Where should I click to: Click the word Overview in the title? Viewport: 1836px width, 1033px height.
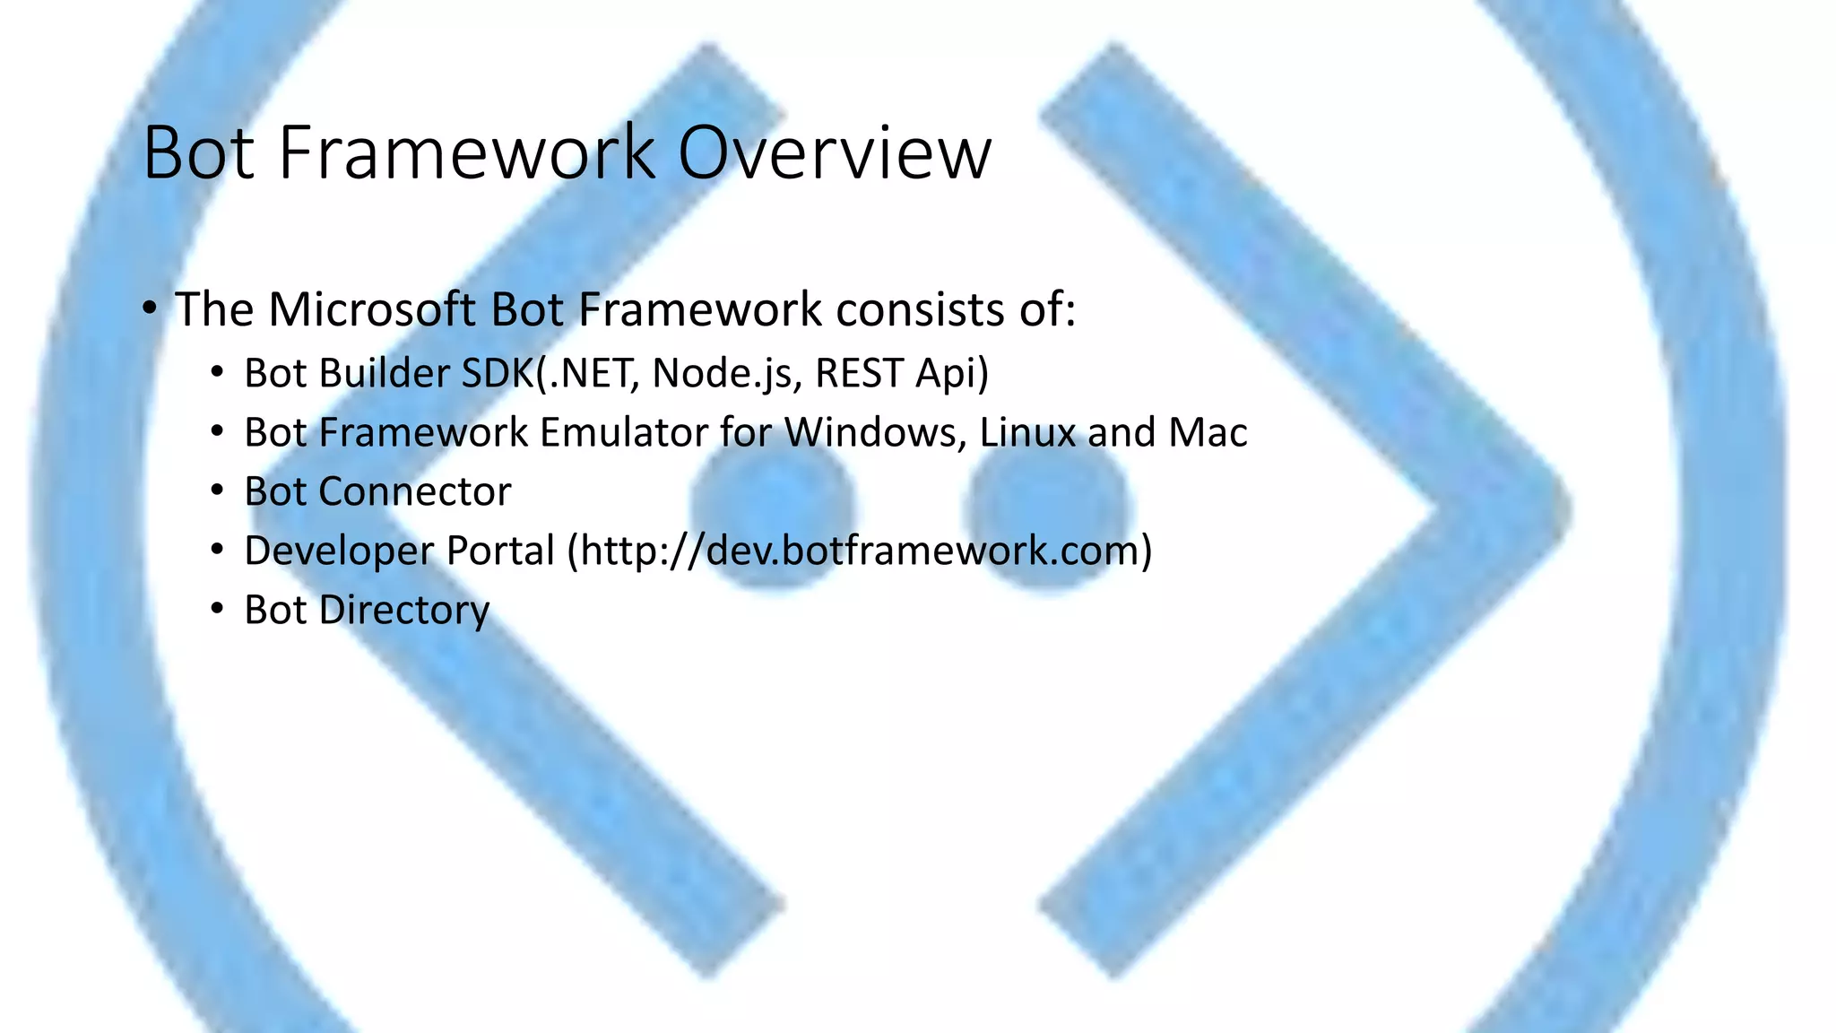point(834,153)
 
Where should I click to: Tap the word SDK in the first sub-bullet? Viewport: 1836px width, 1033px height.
point(497,373)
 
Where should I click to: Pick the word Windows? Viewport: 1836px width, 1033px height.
point(875,432)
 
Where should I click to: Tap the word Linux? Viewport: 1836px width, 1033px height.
point(1027,432)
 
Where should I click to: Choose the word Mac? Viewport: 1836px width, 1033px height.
point(1208,432)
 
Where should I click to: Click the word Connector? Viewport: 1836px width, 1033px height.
point(414,491)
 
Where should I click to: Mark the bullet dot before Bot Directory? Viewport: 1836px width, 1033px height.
point(216,609)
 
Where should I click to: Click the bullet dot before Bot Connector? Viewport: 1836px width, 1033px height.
point(216,490)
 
